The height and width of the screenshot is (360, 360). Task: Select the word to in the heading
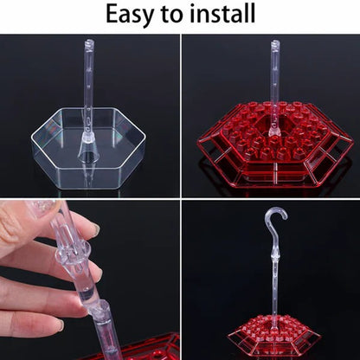tap(170, 16)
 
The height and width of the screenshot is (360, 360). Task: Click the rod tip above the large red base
tap(274, 43)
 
